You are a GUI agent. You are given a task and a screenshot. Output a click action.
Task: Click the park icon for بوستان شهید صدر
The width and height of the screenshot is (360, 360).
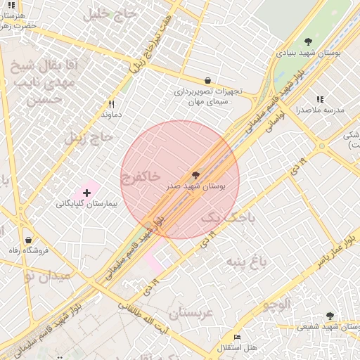pyautogui.click(x=195, y=174)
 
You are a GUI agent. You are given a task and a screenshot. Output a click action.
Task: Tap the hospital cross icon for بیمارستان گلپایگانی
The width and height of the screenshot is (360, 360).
pyautogui.click(x=86, y=191)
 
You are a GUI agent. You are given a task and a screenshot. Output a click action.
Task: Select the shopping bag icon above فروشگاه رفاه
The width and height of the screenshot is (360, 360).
pyautogui.click(x=27, y=240)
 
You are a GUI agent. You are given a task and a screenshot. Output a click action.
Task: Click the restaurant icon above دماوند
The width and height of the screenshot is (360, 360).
pyautogui.click(x=111, y=103)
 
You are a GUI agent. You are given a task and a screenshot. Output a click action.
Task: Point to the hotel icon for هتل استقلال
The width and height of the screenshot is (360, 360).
pyautogui.click(x=237, y=337)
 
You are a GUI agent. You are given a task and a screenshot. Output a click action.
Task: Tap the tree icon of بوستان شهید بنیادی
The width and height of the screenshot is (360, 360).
pyautogui.click(x=307, y=41)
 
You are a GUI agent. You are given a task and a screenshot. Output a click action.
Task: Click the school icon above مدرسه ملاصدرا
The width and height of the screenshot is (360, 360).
pyautogui.click(x=320, y=99)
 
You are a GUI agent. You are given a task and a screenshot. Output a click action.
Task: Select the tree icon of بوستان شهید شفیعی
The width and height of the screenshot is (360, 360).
pyautogui.click(x=330, y=316)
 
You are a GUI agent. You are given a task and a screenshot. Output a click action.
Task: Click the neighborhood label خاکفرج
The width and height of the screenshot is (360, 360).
pyautogui.click(x=141, y=174)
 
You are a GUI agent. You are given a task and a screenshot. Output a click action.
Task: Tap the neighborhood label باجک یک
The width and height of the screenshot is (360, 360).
pyautogui.click(x=229, y=219)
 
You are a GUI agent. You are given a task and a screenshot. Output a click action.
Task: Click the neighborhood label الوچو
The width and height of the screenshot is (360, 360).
pyautogui.click(x=277, y=304)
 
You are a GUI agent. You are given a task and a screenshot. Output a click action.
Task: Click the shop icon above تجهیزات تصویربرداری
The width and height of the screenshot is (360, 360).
pyautogui.click(x=207, y=81)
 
